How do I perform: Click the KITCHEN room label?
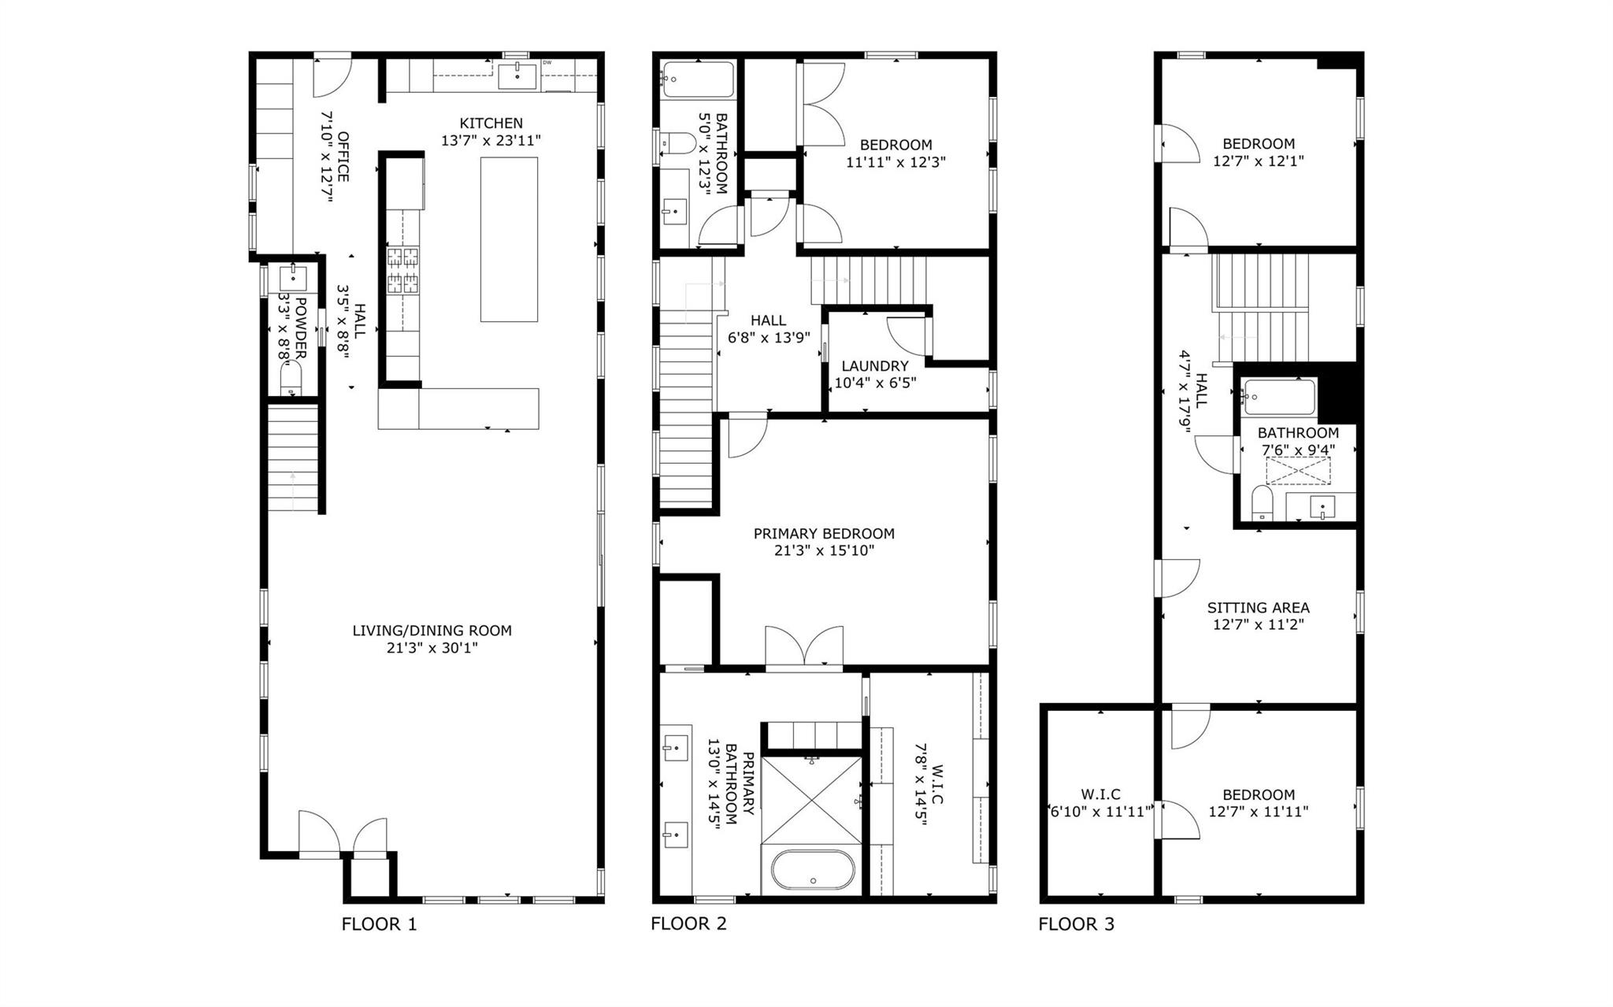point(491,124)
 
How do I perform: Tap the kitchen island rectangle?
point(509,239)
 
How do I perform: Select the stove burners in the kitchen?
point(402,270)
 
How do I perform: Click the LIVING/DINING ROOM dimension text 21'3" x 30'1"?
point(432,648)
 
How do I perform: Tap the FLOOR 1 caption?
point(379,924)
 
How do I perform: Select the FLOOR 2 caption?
point(688,924)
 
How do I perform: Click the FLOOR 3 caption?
point(1076,924)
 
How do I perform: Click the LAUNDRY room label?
point(874,366)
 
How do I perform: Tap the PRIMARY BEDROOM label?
point(823,534)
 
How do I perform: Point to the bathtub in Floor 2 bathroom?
point(698,80)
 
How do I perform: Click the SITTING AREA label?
point(1258,608)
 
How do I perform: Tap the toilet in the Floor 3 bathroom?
point(1263,502)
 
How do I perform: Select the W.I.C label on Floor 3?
point(1100,794)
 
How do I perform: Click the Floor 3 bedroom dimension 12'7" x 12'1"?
point(1258,161)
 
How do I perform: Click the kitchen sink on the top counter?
point(517,77)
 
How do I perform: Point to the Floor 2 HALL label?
point(767,320)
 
